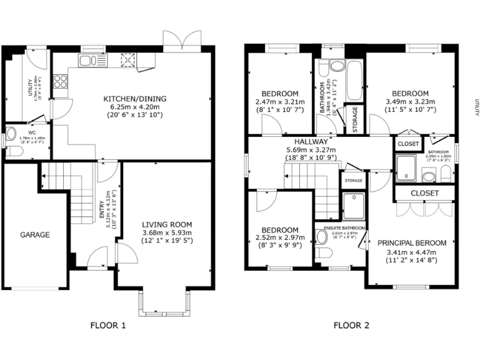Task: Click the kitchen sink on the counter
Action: (89, 60)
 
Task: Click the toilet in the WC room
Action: (12, 135)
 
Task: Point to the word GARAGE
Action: (35, 235)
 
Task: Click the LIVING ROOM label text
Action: (167, 224)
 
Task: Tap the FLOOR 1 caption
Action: (108, 325)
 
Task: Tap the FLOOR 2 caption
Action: (351, 325)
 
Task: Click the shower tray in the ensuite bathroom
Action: (353, 206)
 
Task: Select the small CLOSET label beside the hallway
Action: (408, 144)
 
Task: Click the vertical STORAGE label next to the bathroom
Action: (355, 119)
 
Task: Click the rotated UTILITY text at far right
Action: (476, 104)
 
